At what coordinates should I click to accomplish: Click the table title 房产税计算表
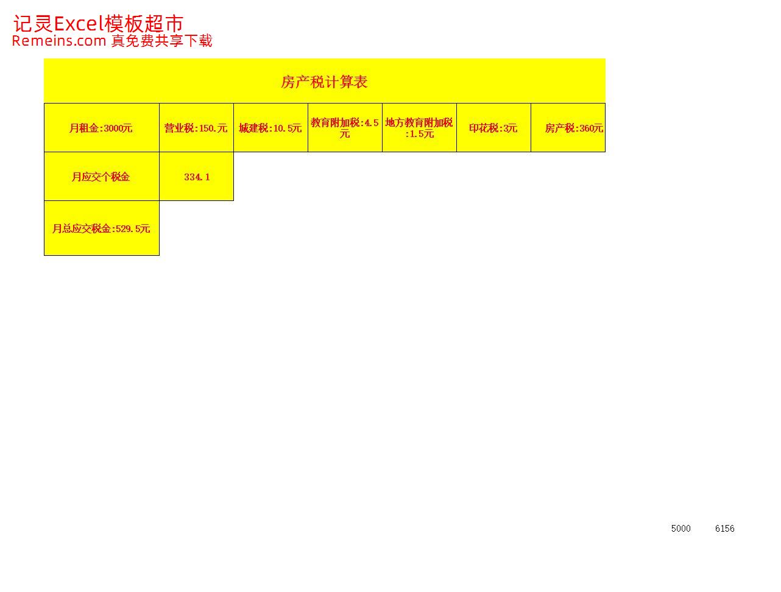pyautogui.click(x=323, y=82)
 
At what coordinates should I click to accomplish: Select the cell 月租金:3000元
pyautogui.click(x=101, y=128)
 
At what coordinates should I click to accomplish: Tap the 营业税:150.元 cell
pyautogui.click(x=196, y=128)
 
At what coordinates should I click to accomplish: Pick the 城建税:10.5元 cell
pyautogui.click(x=270, y=128)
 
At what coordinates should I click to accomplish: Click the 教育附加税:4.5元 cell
pyautogui.click(x=345, y=128)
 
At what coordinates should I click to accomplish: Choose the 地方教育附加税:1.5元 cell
pyautogui.click(x=419, y=128)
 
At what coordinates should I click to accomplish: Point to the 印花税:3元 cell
pyautogui.click(x=493, y=128)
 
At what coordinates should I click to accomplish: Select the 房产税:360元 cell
pyautogui.click(x=568, y=128)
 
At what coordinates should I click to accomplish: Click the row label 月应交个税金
pyautogui.click(x=101, y=177)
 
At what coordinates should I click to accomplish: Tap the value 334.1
pyautogui.click(x=197, y=177)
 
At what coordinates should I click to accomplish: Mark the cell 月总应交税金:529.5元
pyautogui.click(x=101, y=228)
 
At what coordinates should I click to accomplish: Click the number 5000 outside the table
pyautogui.click(x=680, y=529)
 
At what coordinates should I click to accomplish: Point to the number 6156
pyautogui.click(x=725, y=529)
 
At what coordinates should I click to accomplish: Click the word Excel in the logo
pyautogui.click(x=79, y=24)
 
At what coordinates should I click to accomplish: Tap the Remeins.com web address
pyautogui.click(x=59, y=41)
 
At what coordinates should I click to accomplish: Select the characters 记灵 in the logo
pyautogui.click(x=34, y=24)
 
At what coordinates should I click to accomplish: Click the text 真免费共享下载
pyautogui.click(x=162, y=41)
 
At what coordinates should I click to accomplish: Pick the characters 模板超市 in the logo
pyautogui.click(x=144, y=24)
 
